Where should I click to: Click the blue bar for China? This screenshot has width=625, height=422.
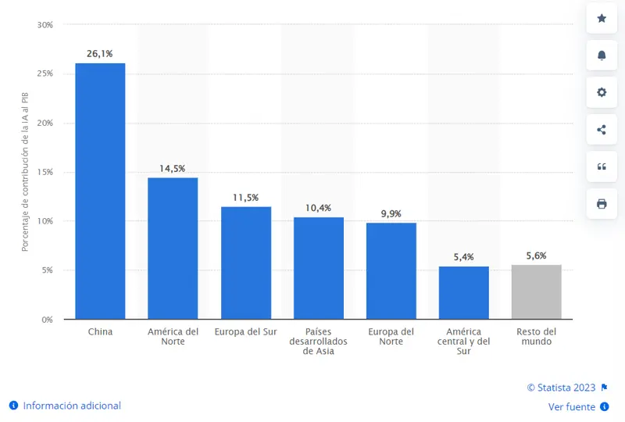coord(100,191)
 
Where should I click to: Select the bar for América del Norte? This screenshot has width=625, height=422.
coord(173,248)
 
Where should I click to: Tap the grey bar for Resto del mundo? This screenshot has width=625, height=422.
coord(537,291)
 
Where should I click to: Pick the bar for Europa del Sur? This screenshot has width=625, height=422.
coord(246,263)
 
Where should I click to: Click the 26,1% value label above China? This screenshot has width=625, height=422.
coord(100,54)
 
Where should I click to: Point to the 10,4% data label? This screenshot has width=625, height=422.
coord(318,208)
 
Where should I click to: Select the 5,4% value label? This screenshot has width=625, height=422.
coord(464,257)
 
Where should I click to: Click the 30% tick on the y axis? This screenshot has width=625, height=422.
coord(45,25)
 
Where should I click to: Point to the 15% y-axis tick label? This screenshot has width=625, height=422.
coord(45,172)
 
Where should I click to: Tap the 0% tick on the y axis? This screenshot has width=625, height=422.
coord(47,320)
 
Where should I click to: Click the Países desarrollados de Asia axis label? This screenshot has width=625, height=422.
coord(318,342)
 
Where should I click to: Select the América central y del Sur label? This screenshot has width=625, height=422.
coord(464,342)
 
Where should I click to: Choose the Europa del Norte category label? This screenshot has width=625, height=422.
coord(391,336)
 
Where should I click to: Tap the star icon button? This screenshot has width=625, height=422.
coord(602,18)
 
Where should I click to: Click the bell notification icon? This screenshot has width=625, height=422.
coord(602,55)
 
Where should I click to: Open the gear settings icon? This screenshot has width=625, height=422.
coord(602,92)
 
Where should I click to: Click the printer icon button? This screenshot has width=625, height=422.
coord(602,204)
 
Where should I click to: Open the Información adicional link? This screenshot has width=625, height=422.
coord(72,406)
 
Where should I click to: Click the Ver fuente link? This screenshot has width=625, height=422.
coord(571,407)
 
